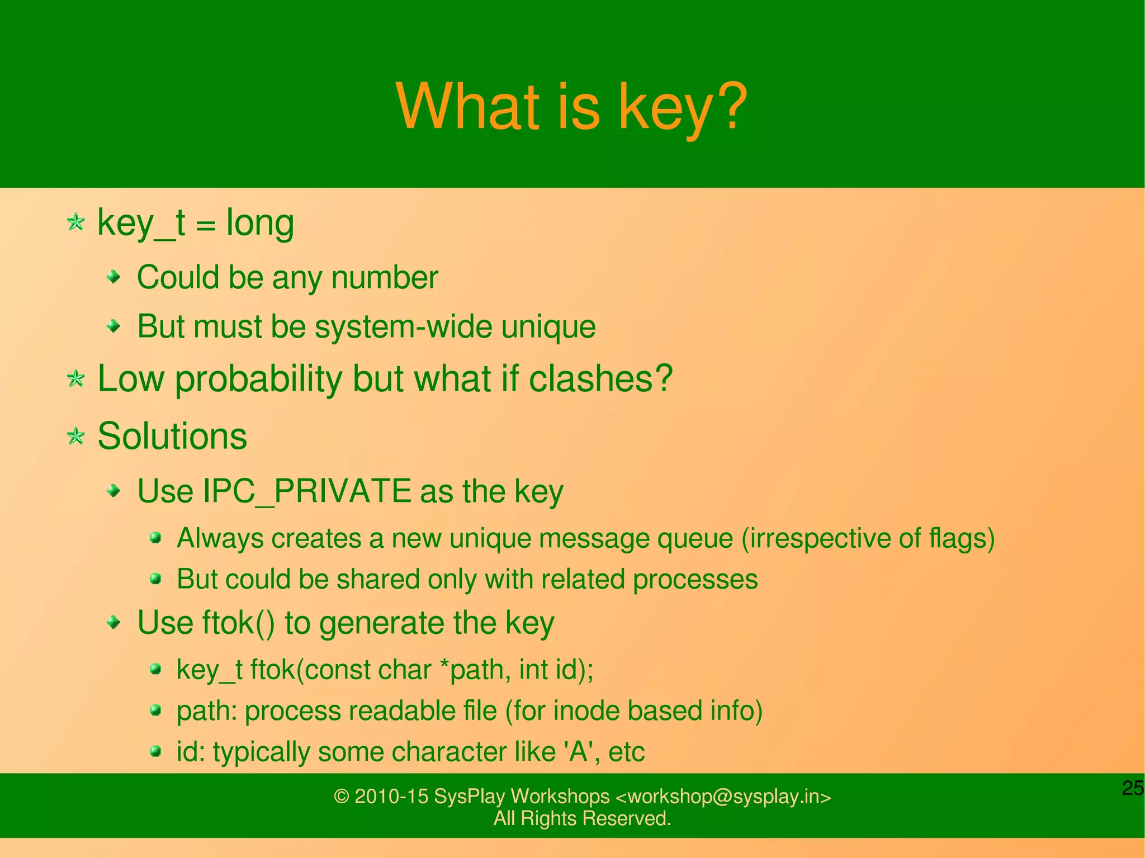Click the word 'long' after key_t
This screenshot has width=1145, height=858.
click(x=259, y=224)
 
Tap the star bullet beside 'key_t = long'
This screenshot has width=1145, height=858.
click(x=75, y=222)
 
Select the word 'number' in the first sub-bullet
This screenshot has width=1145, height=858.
click(x=385, y=278)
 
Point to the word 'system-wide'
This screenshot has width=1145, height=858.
click(x=403, y=326)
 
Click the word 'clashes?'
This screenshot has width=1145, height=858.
click(x=600, y=378)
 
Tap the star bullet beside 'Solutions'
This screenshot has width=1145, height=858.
click(x=75, y=436)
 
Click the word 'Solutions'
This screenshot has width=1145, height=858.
click(x=172, y=436)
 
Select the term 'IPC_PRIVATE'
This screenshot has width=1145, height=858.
click(x=306, y=491)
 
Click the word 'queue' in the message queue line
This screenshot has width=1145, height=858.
click(x=695, y=539)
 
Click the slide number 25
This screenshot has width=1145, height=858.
click(x=1133, y=788)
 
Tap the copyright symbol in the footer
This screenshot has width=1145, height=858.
click(x=341, y=797)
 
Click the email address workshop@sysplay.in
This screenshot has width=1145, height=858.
click(x=723, y=797)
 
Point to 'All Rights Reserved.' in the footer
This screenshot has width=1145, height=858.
click(x=582, y=819)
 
